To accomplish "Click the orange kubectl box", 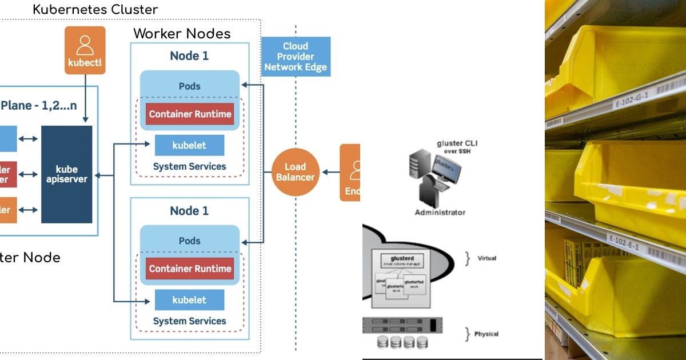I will (85, 50).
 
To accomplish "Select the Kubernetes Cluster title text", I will (95, 9).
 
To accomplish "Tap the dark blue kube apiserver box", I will (67, 174).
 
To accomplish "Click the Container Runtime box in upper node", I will (190, 114).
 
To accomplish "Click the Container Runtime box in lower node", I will (190, 269).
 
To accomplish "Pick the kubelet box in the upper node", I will (189, 145).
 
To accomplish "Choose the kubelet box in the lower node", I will (189, 300).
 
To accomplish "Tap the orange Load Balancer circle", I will (295, 172).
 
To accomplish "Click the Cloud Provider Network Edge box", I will (296, 57).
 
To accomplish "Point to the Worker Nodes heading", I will (182, 33).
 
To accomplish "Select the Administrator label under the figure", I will (440, 213).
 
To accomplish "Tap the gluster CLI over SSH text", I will (457, 146).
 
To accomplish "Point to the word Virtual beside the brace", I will (487, 258).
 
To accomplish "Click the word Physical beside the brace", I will (486, 334).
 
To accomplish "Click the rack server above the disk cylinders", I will (402, 325).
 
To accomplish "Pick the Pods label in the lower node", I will (189, 241).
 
